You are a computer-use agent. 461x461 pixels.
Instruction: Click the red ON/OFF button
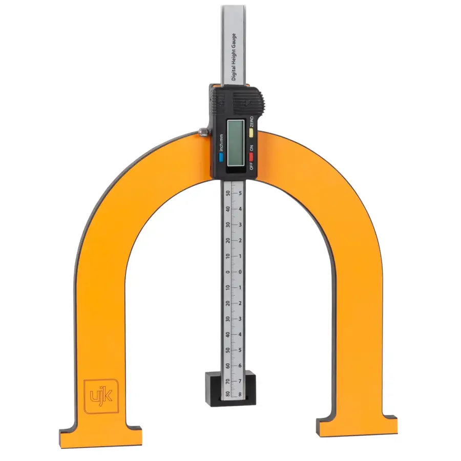pos(251,157)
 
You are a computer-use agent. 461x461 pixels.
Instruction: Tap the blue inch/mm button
pos(221,158)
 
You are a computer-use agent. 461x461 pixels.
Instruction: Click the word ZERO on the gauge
pos(252,122)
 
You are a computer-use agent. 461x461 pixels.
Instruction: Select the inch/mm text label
pos(221,142)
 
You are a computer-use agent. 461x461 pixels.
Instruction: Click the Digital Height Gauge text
pos(234,56)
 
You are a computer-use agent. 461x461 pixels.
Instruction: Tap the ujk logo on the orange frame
pos(101,396)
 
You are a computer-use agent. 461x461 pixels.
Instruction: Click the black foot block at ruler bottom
pos(230,389)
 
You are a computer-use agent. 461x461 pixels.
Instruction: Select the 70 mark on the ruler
pos(227,381)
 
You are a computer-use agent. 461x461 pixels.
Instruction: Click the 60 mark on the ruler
pos(227,365)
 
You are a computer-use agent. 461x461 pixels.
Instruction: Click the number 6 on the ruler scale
pos(240,365)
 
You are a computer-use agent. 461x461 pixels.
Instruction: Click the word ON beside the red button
pos(252,148)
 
